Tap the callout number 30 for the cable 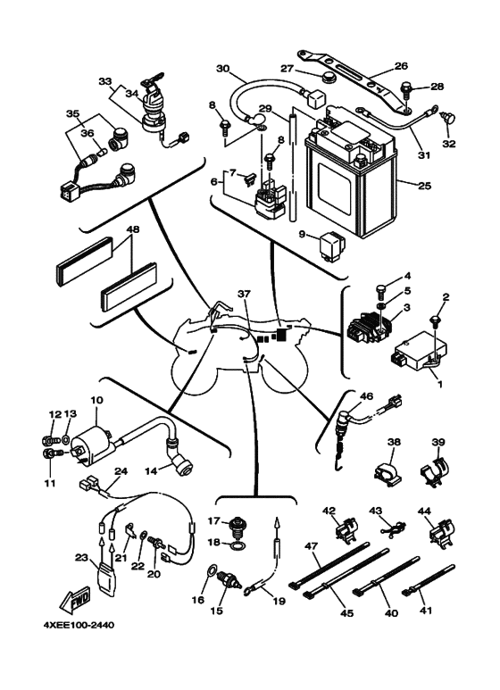tap(223, 69)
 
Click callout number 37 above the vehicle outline tap(245, 294)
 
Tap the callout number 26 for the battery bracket tap(400, 65)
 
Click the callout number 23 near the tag tap(81, 558)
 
